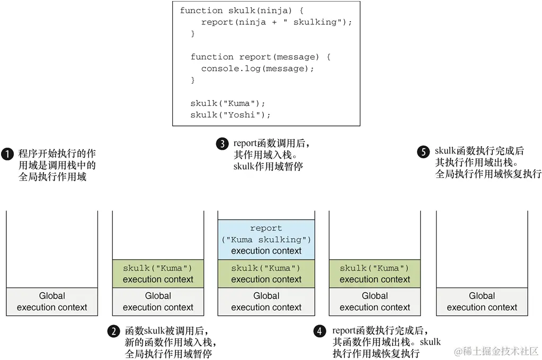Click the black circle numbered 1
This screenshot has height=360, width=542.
click(x=7, y=154)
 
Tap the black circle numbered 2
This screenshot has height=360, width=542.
click(x=114, y=331)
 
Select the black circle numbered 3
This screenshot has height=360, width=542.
click(x=223, y=143)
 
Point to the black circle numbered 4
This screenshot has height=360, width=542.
click(x=319, y=331)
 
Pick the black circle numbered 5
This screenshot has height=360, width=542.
click(x=423, y=151)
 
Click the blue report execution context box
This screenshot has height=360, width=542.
click(x=266, y=239)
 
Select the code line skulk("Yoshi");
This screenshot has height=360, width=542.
click(x=230, y=115)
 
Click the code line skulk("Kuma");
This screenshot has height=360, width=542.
click(x=227, y=103)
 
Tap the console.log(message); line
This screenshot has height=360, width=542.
click(x=257, y=68)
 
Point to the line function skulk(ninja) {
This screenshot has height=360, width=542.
click(x=242, y=11)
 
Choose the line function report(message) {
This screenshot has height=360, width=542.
click(x=260, y=57)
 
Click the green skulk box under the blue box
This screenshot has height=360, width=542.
click(x=266, y=274)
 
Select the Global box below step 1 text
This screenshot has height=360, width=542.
click(x=52, y=302)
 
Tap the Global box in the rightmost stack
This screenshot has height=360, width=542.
click(x=482, y=302)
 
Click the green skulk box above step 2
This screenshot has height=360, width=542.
click(x=158, y=274)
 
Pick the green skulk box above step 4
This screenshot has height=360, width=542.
click(x=375, y=274)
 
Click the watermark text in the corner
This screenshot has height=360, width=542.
click(x=496, y=351)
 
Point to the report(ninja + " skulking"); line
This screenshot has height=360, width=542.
click(x=277, y=22)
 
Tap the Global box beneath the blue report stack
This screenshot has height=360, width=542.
click(x=266, y=302)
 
